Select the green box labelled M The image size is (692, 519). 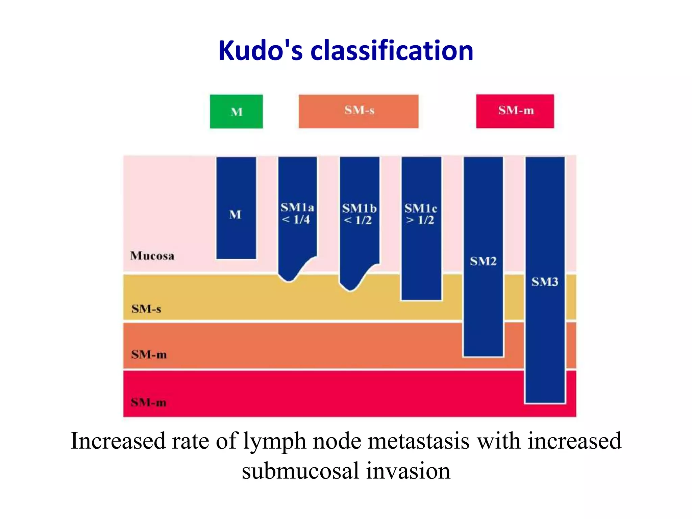tap(236, 112)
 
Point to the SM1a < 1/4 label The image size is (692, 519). tap(297, 214)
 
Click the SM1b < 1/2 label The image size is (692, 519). tap(359, 214)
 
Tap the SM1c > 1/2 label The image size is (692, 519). tap(421, 214)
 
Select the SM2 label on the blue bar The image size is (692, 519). tap(483, 261)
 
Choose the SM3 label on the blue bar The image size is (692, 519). tap(545, 282)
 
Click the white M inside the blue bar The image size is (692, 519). tap(236, 215)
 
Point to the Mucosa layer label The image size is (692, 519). tap(152, 256)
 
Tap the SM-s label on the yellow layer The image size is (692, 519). tap(146, 309)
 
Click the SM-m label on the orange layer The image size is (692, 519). tap(149, 354)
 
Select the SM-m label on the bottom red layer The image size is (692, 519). tap(149, 402)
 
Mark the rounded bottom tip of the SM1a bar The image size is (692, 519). tap(289, 278)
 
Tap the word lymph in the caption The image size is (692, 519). tap(275, 441)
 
